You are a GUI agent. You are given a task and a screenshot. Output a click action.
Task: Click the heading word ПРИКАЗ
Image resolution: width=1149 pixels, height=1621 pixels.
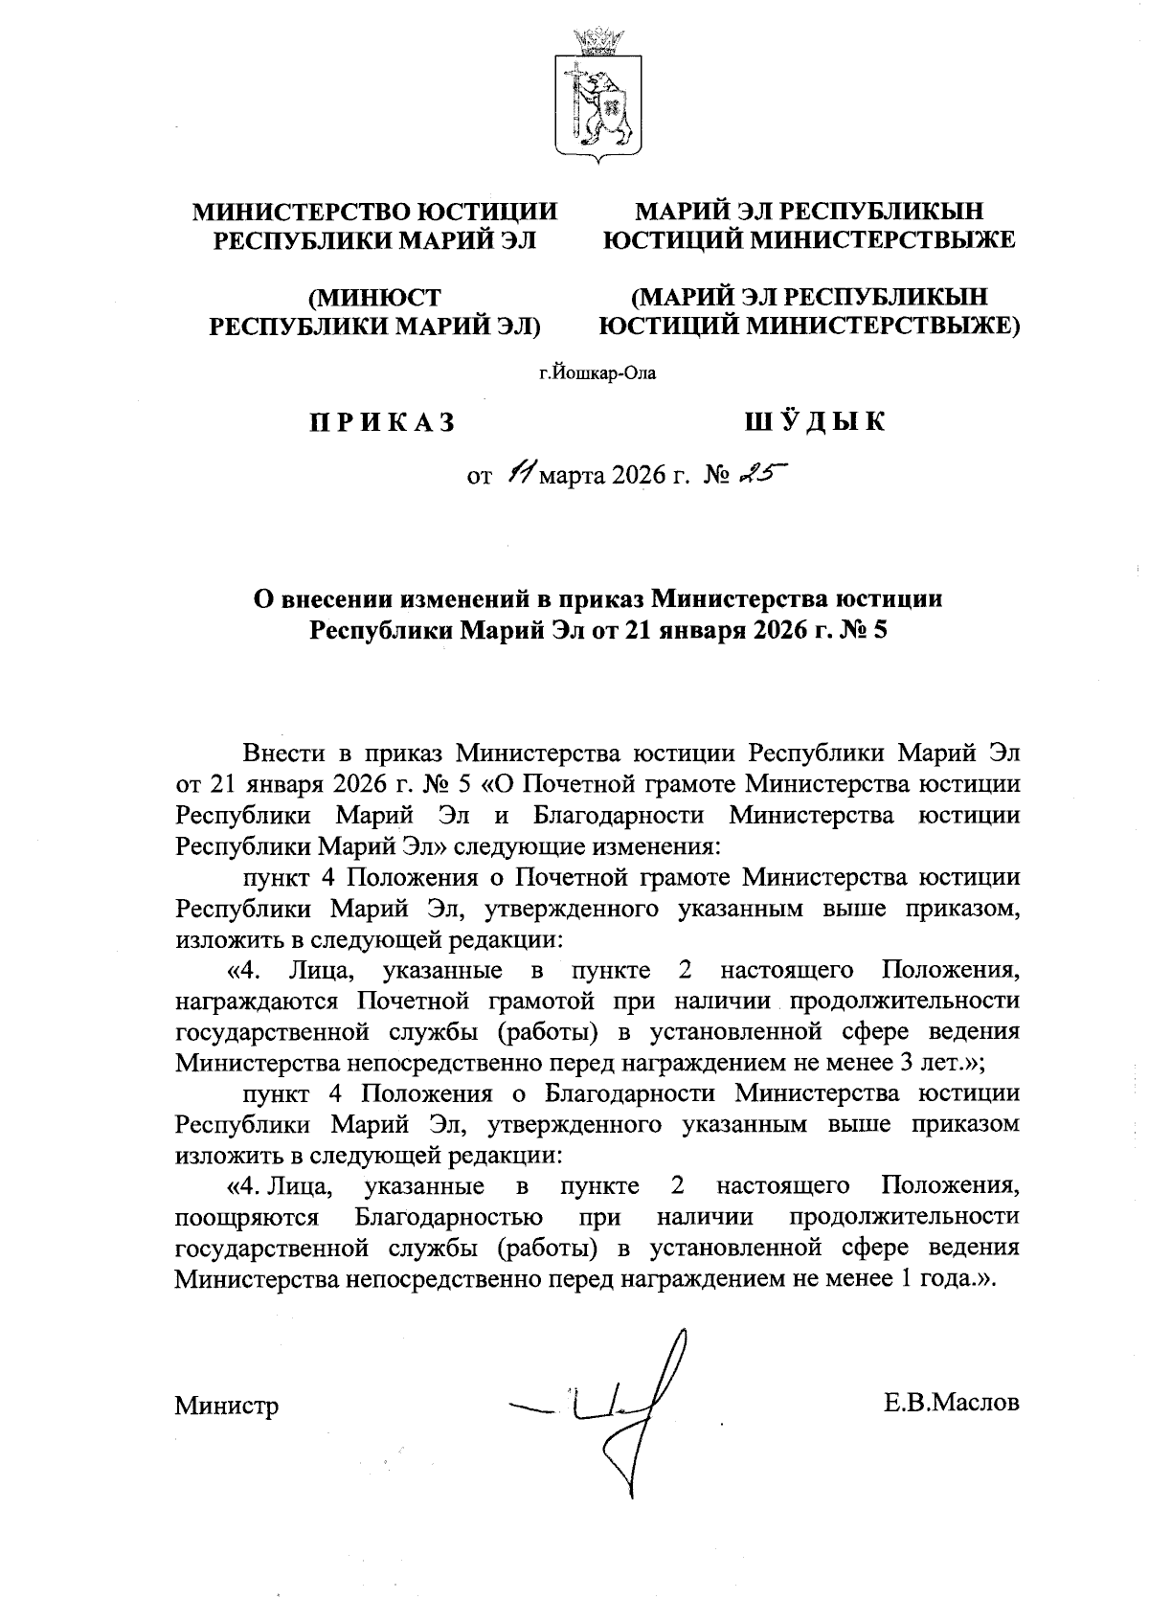point(380,422)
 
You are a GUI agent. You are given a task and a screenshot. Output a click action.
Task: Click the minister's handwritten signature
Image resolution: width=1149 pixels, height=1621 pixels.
point(622,1407)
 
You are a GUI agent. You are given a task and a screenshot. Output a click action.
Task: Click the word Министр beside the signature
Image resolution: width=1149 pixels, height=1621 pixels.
point(227,1406)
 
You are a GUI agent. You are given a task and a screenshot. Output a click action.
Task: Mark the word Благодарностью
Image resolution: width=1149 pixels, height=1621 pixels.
point(448,1218)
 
